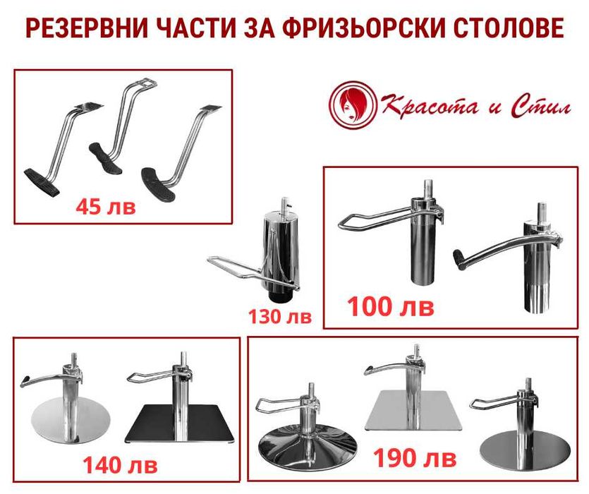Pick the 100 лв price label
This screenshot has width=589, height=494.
pos(390,307)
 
